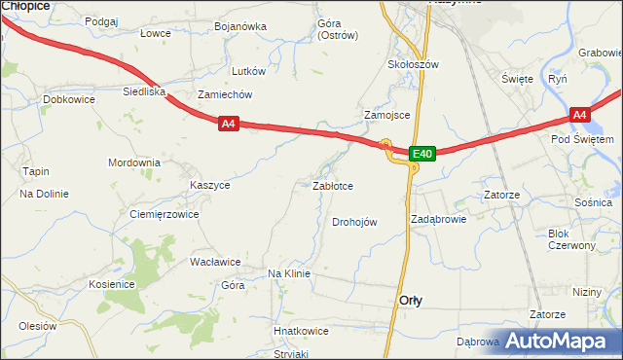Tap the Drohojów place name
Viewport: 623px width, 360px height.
[x=354, y=222]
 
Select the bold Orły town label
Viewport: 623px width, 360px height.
[x=411, y=301]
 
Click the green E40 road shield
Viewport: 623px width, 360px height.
[x=421, y=154]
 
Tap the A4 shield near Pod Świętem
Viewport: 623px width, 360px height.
[x=580, y=115]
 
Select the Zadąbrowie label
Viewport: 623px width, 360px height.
[x=438, y=219]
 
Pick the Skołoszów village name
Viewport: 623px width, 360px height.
[x=414, y=64]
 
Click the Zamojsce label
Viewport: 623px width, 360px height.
[x=386, y=115]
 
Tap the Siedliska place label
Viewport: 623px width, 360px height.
[x=143, y=91]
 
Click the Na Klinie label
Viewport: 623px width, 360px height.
[x=288, y=273]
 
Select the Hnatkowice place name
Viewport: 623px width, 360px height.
[x=301, y=331]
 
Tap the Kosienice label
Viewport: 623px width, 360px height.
[x=111, y=284]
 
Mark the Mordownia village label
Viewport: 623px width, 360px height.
[x=133, y=162]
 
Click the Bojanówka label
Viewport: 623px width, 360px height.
[x=240, y=26]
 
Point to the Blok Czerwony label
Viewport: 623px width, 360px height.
[x=571, y=239]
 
